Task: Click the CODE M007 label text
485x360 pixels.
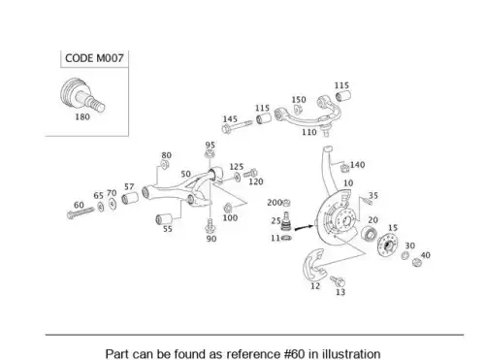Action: [x=94, y=58]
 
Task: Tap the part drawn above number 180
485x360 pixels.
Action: [x=82, y=95]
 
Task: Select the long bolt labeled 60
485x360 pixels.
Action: [x=81, y=213]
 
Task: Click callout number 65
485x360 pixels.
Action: [x=98, y=196]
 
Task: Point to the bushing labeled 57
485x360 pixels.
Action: [x=130, y=198]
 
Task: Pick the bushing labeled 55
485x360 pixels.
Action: [x=164, y=218]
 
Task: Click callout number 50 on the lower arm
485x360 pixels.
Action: [x=185, y=174]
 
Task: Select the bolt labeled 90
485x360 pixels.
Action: [x=210, y=225]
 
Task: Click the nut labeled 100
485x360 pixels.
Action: [x=228, y=208]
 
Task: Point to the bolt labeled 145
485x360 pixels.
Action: [x=237, y=126]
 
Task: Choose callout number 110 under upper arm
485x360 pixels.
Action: [x=309, y=132]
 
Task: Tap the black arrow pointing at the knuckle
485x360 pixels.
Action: [x=304, y=228]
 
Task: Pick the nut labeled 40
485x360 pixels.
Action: [x=417, y=262]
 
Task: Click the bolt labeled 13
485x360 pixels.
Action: [x=338, y=280]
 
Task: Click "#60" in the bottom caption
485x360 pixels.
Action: [x=295, y=353]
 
